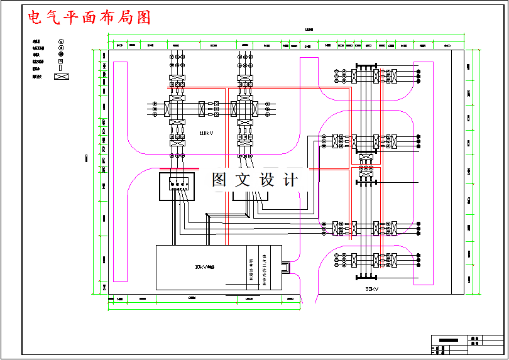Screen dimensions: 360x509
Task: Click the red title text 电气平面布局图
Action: (x=89, y=17)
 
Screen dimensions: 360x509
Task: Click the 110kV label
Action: (x=206, y=133)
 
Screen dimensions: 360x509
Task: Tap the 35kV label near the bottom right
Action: (x=371, y=289)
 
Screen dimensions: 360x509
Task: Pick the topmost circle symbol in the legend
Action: (x=61, y=41)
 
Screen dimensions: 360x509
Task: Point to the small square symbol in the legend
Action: (x=61, y=62)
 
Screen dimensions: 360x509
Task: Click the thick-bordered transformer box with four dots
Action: (x=178, y=187)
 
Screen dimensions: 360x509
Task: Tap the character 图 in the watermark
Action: (x=219, y=180)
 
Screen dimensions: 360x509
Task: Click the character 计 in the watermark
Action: (x=290, y=180)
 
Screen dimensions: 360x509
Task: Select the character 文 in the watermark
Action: (x=243, y=180)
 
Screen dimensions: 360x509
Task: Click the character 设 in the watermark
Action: (x=266, y=180)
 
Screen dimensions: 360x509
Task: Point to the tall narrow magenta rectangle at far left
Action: (x=119, y=171)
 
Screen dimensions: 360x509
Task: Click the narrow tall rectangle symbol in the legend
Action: (x=61, y=68)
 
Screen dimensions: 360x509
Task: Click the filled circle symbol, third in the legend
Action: (x=61, y=55)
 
